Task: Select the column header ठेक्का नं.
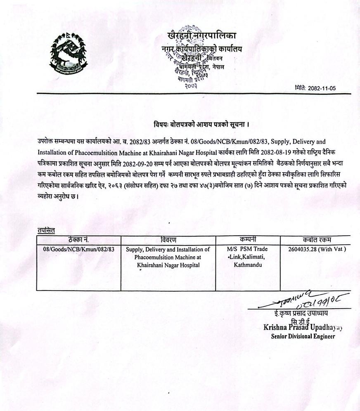[78, 240]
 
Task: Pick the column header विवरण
[168, 240]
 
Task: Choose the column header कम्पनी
[248, 239]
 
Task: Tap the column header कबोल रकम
[316, 240]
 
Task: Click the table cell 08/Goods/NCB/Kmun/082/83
[78, 249]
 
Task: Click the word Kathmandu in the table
[248, 265]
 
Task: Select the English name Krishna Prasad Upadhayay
[303, 328]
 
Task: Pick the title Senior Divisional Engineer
[303, 336]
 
